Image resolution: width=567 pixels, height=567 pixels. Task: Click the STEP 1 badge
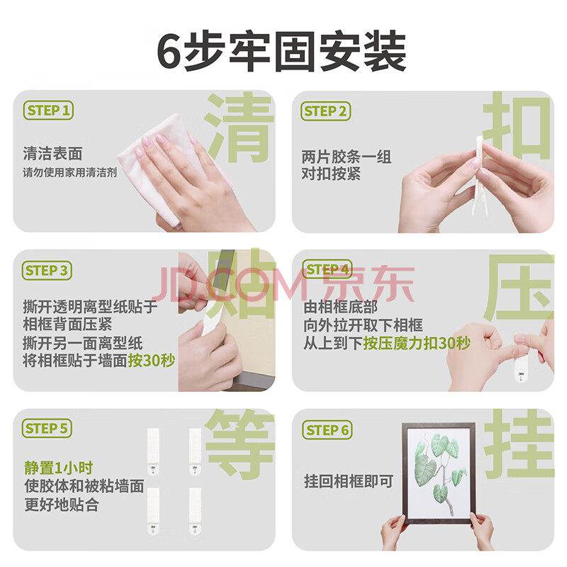click(x=48, y=111)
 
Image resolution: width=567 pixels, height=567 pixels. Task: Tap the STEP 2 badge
click(x=325, y=111)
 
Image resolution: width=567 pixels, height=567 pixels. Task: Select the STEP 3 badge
click(x=47, y=271)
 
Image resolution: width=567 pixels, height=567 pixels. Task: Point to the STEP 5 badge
click(x=47, y=429)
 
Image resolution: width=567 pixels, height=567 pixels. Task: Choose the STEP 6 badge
click(x=327, y=430)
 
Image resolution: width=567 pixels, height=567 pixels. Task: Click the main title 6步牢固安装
click(x=282, y=51)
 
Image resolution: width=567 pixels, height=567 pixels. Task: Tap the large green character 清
click(x=239, y=127)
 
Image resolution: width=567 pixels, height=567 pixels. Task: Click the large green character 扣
click(x=518, y=125)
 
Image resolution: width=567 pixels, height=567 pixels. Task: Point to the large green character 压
click(x=519, y=288)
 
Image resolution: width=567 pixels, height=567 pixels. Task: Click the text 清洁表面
click(x=52, y=153)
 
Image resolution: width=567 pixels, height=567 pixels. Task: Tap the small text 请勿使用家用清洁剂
click(x=69, y=172)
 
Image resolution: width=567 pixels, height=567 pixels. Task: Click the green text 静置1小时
click(x=59, y=468)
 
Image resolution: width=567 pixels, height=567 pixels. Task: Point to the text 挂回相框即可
click(x=349, y=481)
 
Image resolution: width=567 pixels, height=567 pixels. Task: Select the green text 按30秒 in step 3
click(x=152, y=360)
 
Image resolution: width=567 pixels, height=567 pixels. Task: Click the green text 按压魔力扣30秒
click(x=417, y=343)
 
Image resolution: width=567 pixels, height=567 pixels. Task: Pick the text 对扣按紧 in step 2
click(x=331, y=174)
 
